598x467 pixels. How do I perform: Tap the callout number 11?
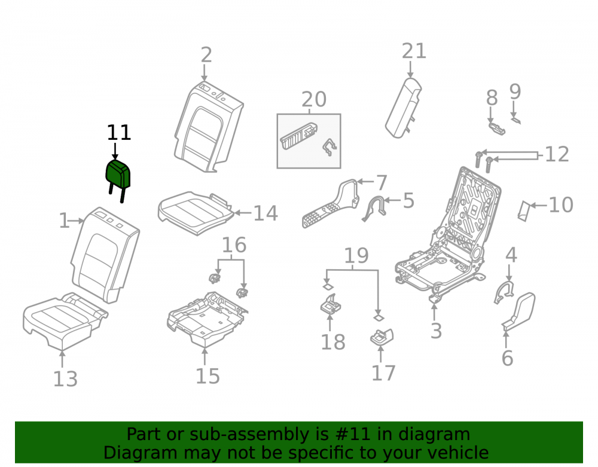tap(119, 133)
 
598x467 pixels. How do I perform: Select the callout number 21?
tap(414, 51)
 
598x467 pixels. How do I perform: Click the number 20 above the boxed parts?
tap(314, 99)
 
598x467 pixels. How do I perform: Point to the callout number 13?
tap(65, 379)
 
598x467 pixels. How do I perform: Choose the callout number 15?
tap(208, 376)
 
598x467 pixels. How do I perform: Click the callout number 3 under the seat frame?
tap(436, 331)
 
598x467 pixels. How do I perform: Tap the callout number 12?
tap(557, 154)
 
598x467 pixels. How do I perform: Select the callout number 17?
tap(384, 373)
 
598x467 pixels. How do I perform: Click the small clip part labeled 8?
tap(497, 129)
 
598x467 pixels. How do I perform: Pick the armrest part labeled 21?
tap(404, 108)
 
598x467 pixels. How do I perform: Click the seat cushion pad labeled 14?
tap(196, 213)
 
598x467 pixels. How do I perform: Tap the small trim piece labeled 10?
tap(524, 211)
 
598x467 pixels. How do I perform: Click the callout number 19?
tap(356, 255)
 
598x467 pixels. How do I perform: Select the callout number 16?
tap(234, 245)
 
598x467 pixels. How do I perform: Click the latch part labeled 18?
tap(330, 304)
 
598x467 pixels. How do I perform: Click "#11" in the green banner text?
tap(353, 434)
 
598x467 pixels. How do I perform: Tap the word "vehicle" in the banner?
tap(460, 453)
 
